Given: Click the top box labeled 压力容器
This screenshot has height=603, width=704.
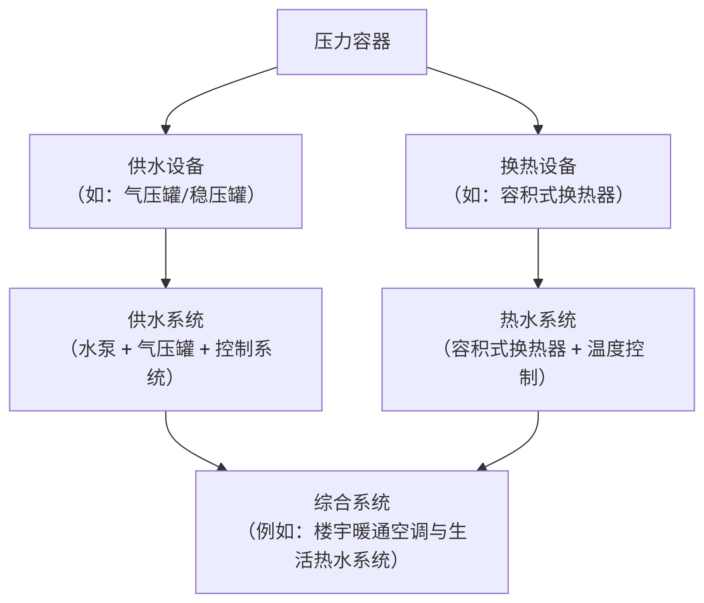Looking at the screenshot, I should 352,42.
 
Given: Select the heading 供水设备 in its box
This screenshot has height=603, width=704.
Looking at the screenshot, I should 166,166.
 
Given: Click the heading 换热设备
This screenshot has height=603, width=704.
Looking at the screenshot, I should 538,166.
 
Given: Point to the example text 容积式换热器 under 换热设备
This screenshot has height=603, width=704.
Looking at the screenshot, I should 557,195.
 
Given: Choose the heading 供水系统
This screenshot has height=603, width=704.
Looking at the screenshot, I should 166,320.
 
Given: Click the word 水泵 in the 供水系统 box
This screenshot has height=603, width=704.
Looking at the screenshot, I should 97,349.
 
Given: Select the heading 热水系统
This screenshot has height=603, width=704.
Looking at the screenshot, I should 538,320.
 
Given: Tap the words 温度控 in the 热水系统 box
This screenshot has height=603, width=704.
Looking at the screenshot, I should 615,349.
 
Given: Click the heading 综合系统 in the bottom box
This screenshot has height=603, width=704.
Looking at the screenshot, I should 352,502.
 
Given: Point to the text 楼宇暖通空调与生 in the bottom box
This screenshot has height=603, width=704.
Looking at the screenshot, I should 390,531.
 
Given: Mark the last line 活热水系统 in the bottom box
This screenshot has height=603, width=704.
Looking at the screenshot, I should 342,560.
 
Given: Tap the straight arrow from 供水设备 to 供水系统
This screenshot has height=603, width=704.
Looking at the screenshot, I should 166,256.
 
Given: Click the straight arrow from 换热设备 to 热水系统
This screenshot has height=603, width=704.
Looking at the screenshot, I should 538,256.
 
